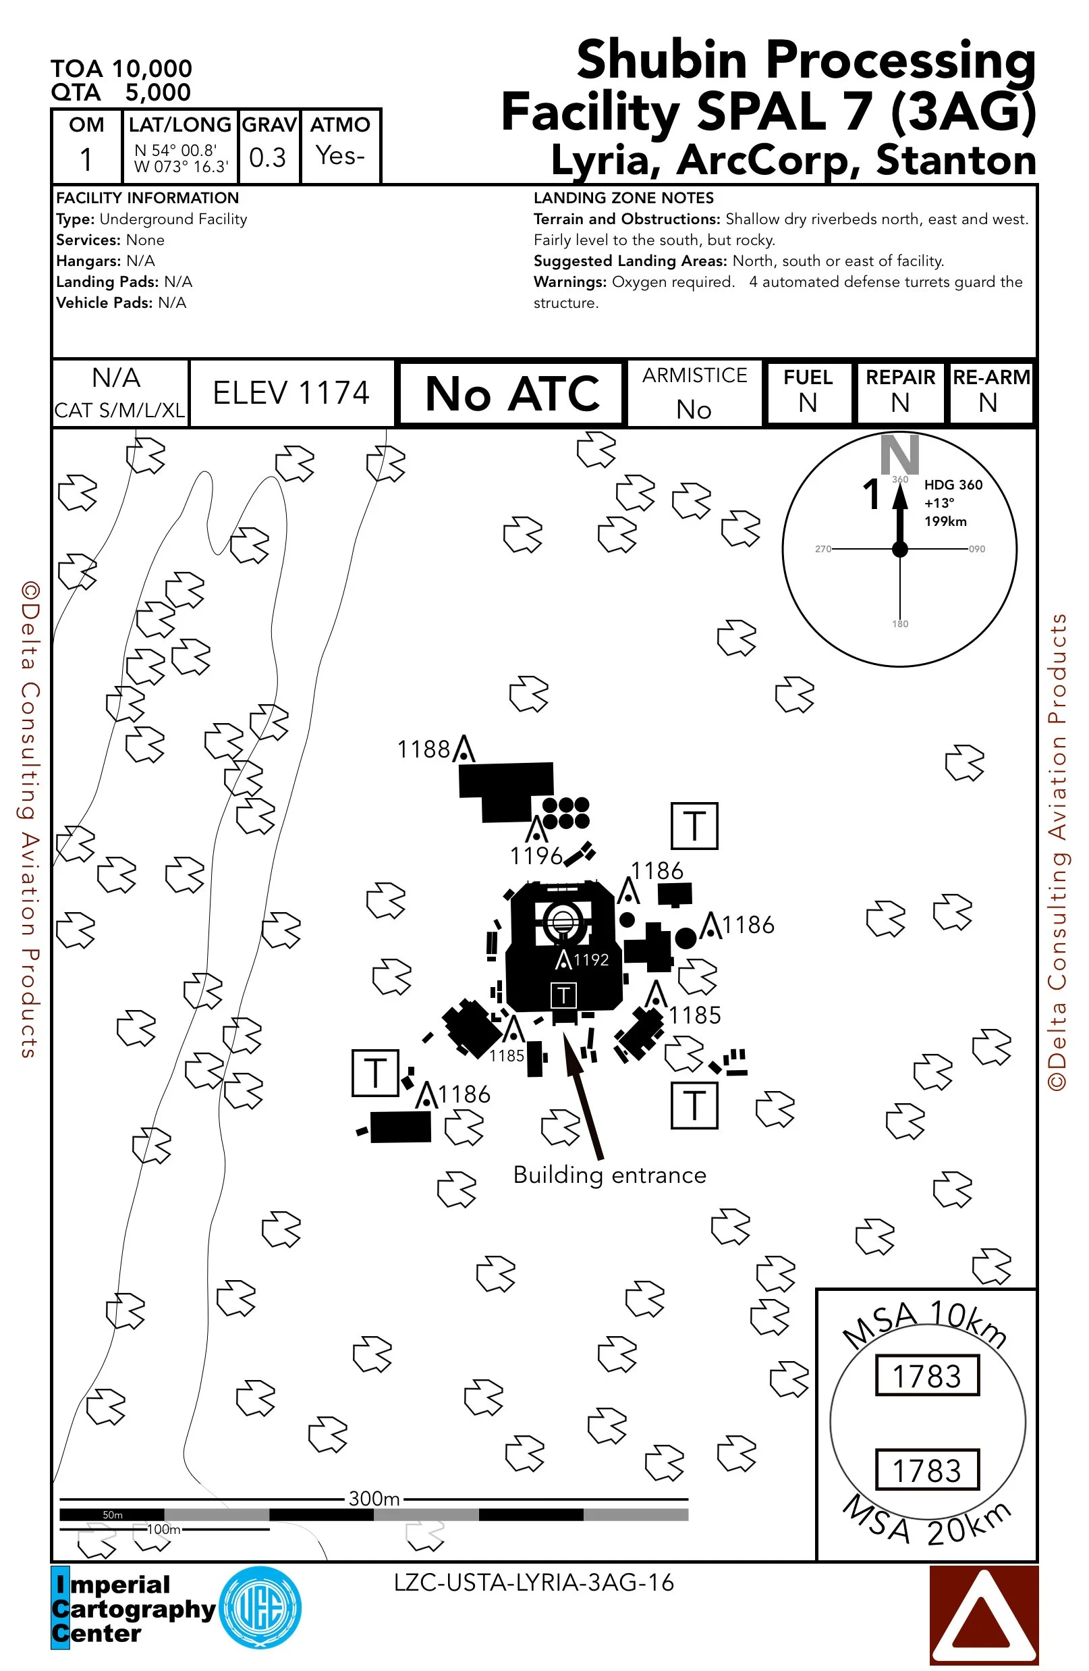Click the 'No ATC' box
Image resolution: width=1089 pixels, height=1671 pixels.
(511, 393)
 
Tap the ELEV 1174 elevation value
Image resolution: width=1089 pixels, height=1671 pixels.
(291, 393)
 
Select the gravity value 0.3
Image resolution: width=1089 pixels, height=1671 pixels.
(267, 158)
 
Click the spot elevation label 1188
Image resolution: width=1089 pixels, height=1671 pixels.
(423, 749)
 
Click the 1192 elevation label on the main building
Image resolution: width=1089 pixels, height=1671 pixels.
(591, 959)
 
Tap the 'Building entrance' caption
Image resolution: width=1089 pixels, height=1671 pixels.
(609, 1175)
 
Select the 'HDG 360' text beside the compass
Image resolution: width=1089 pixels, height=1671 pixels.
(953, 485)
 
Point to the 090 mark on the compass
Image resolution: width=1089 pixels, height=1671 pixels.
(977, 549)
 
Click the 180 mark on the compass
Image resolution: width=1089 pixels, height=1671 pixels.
(899, 623)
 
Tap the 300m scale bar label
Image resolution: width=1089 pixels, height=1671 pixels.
(374, 1498)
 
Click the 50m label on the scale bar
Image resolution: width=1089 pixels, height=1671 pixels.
(112, 1514)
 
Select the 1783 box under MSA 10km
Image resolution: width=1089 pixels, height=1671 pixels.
(926, 1376)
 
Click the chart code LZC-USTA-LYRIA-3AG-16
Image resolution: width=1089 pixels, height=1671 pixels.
(533, 1583)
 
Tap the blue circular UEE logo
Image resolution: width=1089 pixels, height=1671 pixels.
(260, 1607)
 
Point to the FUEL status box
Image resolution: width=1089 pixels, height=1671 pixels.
(808, 392)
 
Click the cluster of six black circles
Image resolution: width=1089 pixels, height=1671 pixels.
(565, 812)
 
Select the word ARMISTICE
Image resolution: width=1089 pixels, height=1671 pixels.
(694, 375)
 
